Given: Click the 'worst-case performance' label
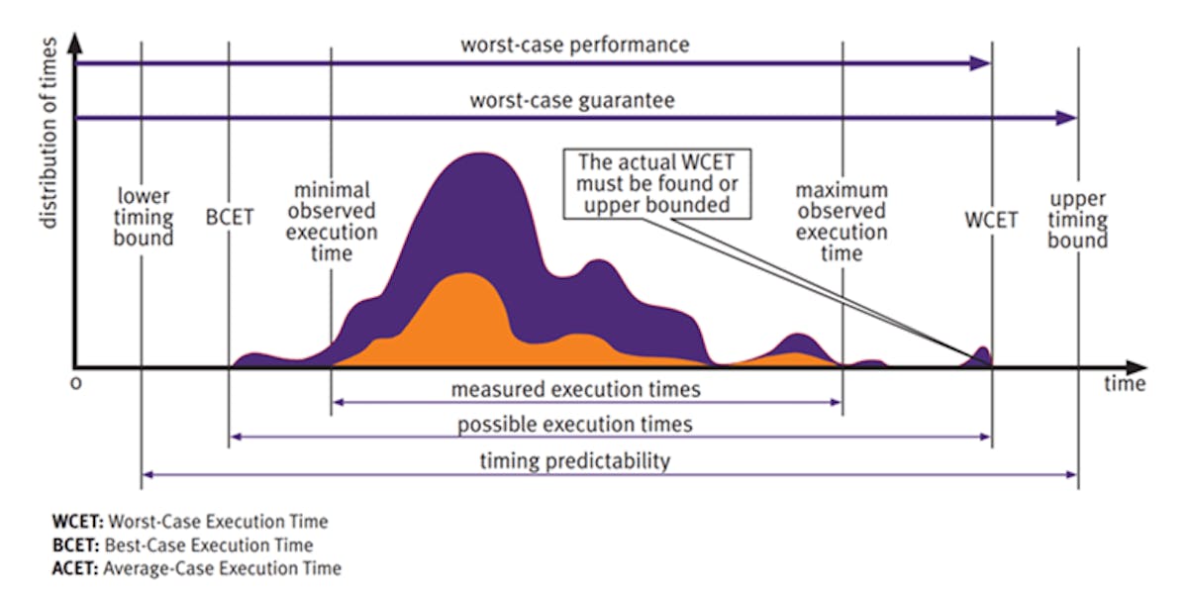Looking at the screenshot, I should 574,46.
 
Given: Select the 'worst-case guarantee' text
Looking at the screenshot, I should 571,101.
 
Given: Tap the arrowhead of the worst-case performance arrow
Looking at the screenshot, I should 980,63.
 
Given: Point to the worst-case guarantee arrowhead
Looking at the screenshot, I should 1066,118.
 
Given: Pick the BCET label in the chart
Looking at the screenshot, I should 230,218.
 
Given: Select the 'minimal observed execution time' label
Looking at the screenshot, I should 332,221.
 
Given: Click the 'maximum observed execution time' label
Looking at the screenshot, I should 841,221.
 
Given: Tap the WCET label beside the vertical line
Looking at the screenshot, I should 991,220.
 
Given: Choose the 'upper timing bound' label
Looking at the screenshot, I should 1078,219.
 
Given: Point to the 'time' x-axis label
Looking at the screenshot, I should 1125,384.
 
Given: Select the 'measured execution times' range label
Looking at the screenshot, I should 575,389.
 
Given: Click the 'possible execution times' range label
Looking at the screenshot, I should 574,425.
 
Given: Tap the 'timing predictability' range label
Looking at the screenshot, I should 574,460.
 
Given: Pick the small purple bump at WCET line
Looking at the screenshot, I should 981,353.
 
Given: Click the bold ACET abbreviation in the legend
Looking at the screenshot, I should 71,568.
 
